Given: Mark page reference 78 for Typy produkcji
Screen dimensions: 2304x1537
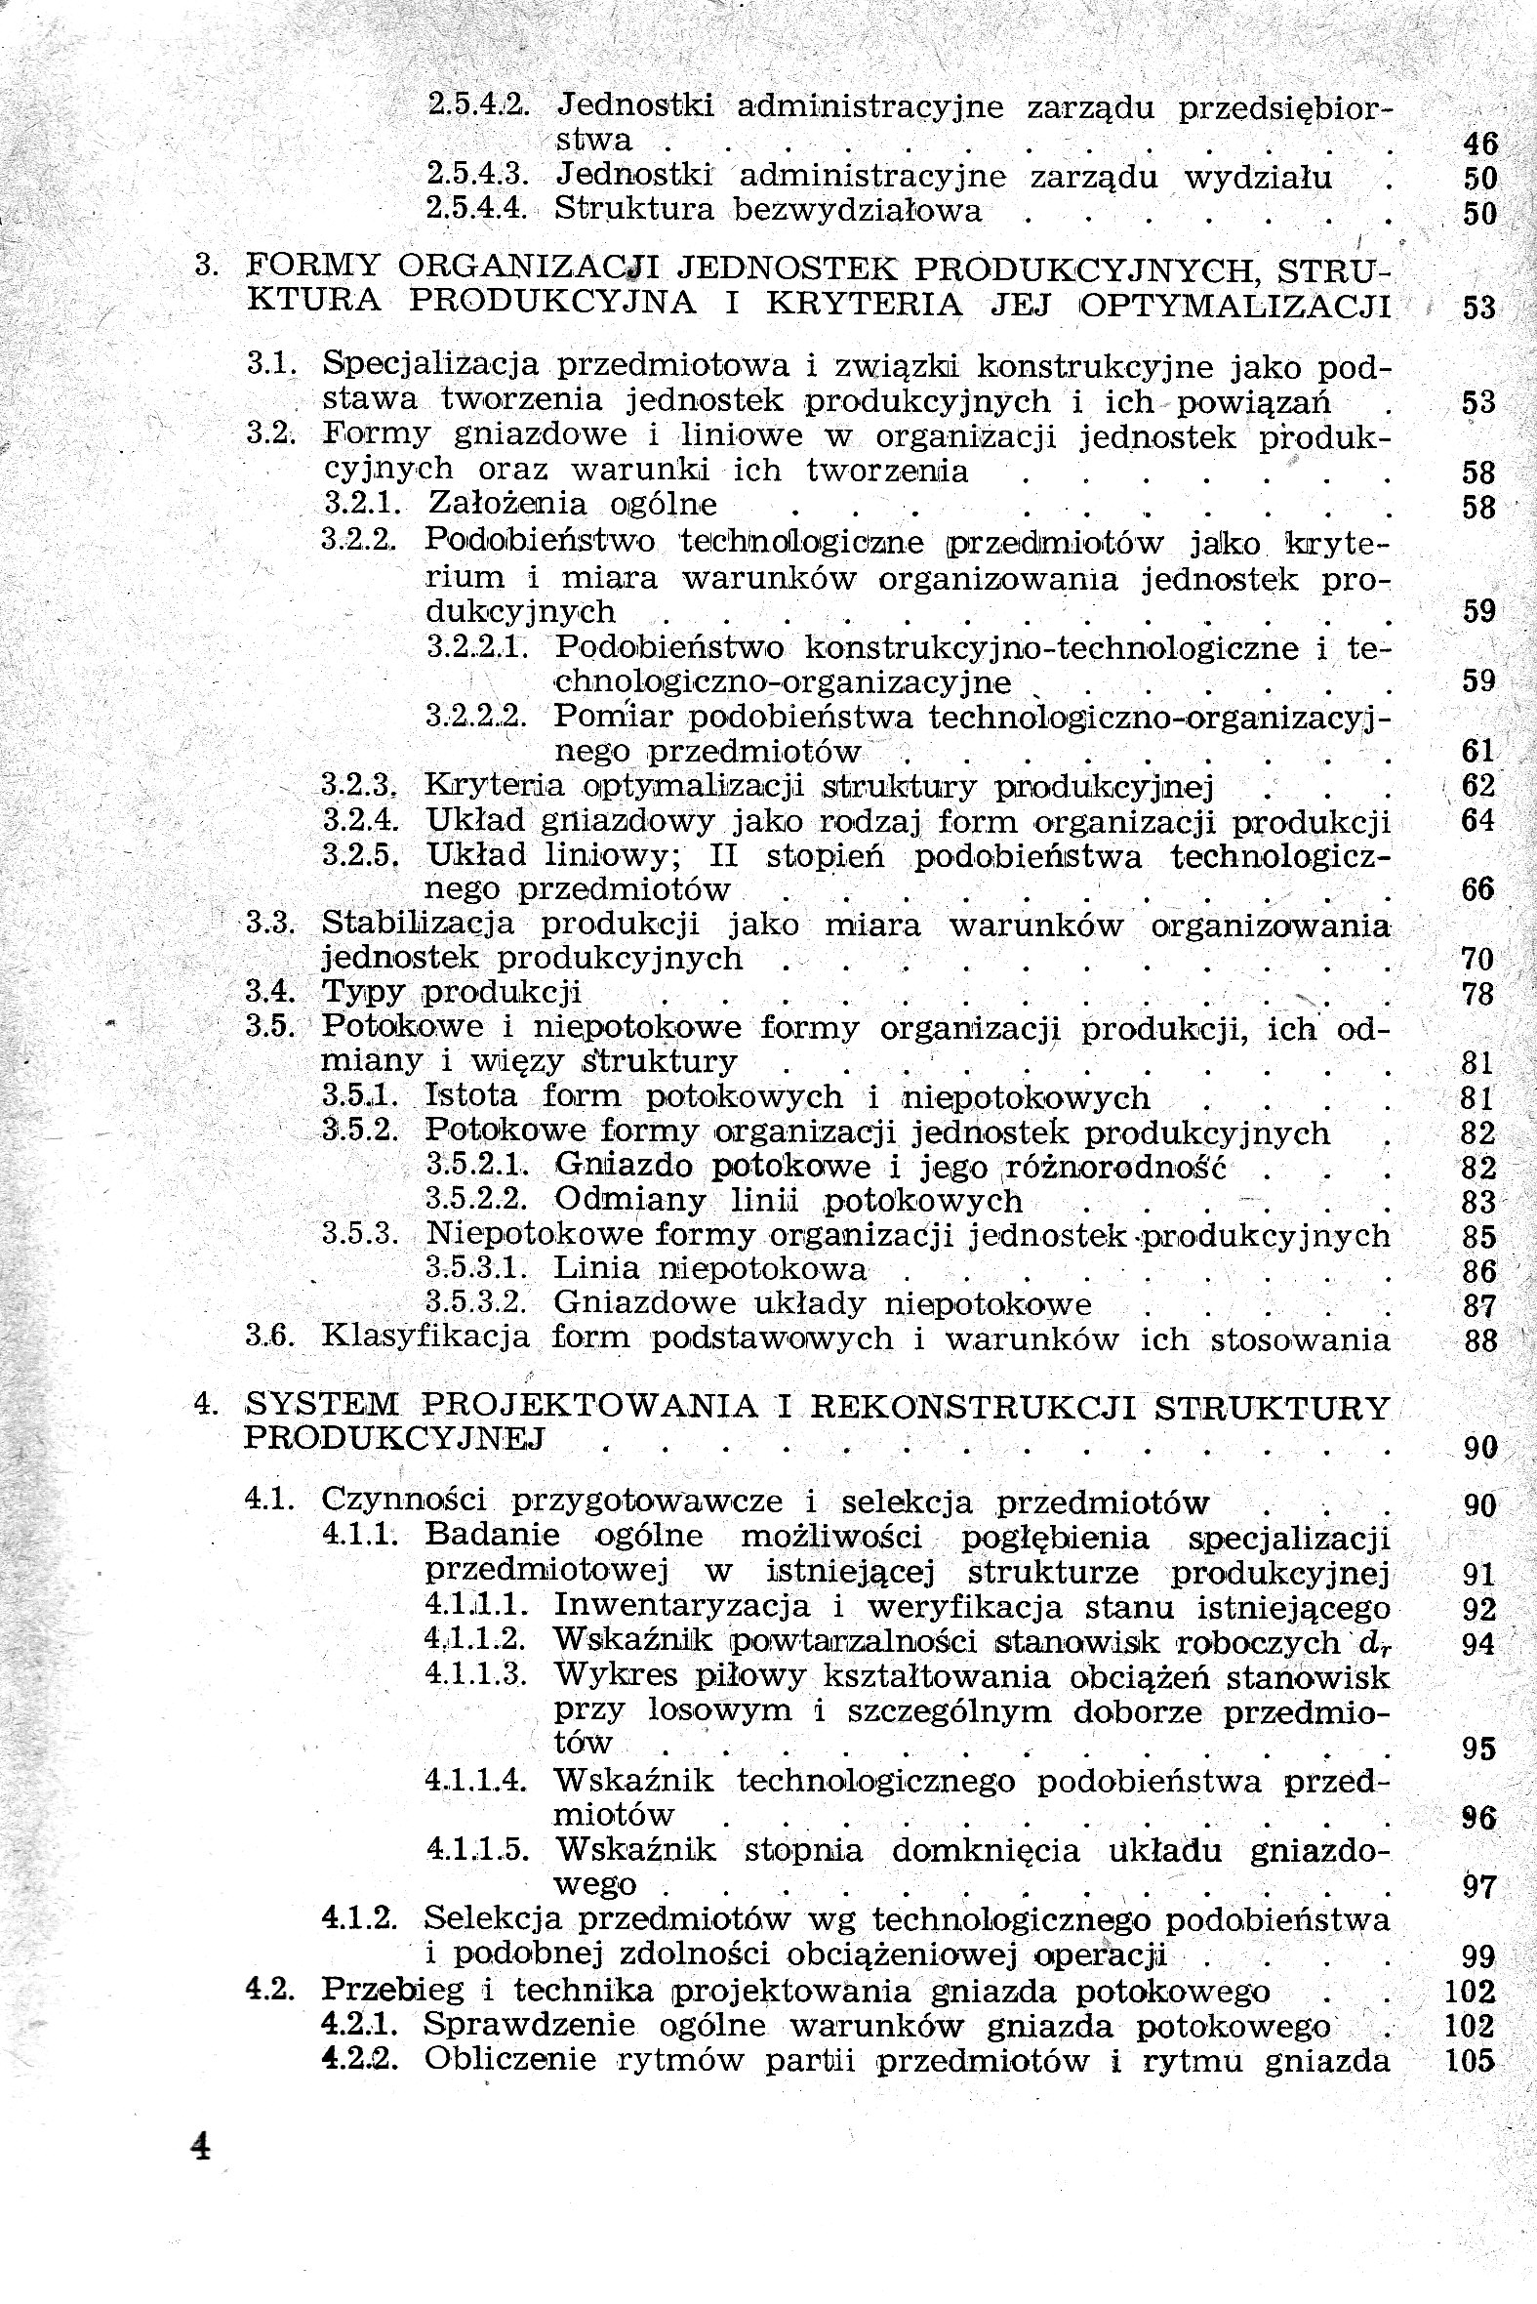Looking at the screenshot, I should pyautogui.click(x=1478, y=995).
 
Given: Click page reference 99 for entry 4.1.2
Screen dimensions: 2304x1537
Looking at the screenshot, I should pyautogui.click(x=1478, y=1956).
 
